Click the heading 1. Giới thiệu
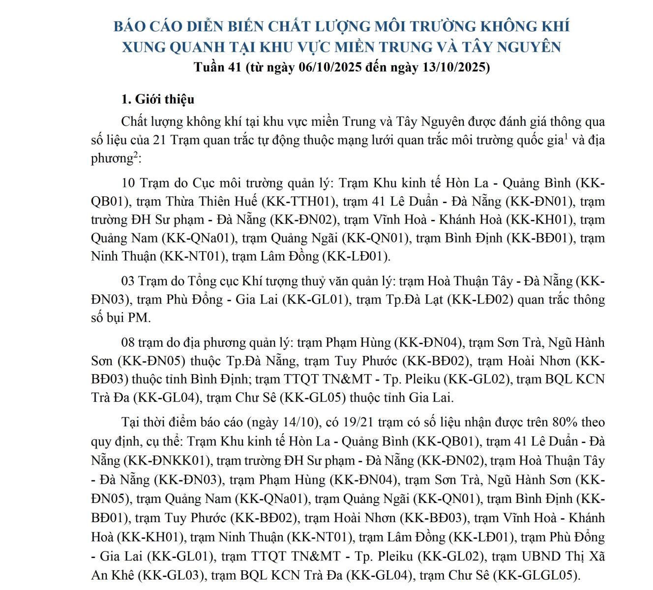157,99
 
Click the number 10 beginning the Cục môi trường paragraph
128,183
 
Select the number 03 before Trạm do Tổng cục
128,281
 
